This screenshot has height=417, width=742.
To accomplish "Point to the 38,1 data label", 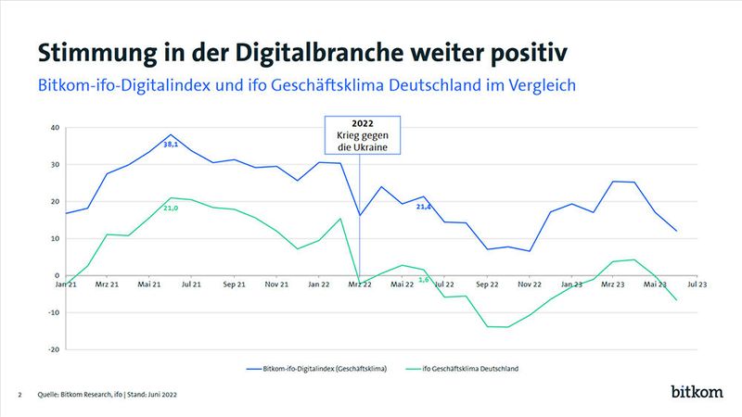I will click(172, 145).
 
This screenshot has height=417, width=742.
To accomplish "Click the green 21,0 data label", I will click(170, 208).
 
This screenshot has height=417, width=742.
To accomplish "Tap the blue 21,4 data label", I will click(423, 207).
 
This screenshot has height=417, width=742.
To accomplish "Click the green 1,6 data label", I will click(424, 279).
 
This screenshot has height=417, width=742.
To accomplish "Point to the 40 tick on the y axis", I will click(55, 128).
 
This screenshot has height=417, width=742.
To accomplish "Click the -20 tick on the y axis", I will click(54, 350).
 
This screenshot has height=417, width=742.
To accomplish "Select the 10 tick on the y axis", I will click(55, 239).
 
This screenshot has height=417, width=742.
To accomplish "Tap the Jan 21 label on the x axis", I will click(64, 286).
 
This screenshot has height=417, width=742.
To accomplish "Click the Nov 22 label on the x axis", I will click(529, 286).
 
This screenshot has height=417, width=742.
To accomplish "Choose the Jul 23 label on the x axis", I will click(697, 286).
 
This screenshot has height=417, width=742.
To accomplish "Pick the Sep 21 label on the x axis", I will click(233, 286).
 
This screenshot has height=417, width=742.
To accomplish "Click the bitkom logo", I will click(696, 392).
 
